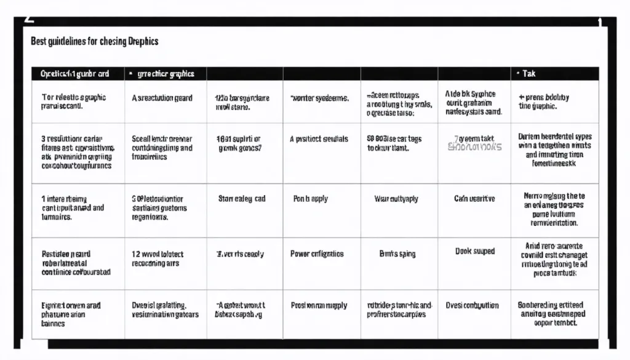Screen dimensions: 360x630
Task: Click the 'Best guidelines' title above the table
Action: click(x=94, y=41)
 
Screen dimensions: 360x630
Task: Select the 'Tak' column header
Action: click(x=528, y=74)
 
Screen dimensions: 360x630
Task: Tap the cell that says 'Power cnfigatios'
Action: click(x=317, y=254)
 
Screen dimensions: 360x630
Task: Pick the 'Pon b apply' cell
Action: click(x=311, y=199)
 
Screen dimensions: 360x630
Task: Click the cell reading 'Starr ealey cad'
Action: click(x=242, y=199)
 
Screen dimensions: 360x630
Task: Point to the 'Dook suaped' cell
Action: click(x=475, y=251)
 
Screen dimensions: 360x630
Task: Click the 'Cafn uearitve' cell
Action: click(x=474, y=199)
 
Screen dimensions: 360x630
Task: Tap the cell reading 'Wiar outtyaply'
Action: click(x=397, y=199)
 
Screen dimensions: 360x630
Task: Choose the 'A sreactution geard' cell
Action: click(x=162, y=98)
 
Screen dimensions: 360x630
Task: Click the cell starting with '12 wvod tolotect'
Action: click(x=158, y=258)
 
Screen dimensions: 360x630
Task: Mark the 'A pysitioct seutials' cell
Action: click(x=319, y=139)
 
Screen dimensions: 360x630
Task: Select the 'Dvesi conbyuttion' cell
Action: click(x=472, y=305)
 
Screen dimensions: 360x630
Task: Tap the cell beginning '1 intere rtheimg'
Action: click(x=73, y=208)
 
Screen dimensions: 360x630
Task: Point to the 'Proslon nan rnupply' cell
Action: click(x=319, y=305)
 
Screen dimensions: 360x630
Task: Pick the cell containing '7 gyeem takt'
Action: click(x=474, y=143)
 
